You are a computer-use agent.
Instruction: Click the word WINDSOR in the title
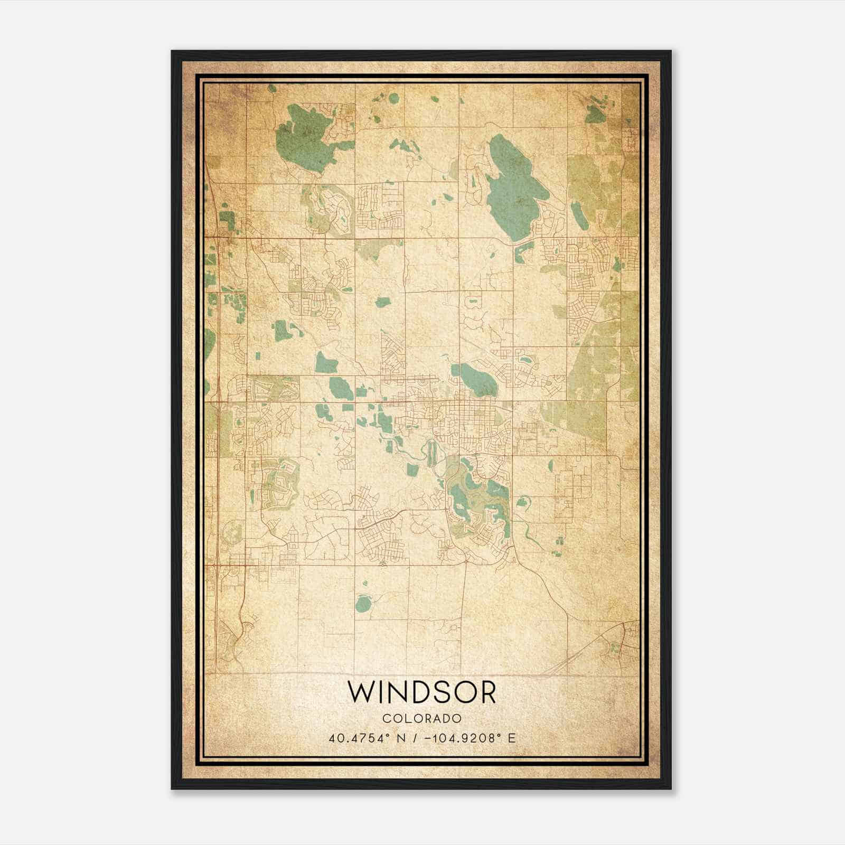[x=422, y=692]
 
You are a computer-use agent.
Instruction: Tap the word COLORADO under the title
[x=422, y=718]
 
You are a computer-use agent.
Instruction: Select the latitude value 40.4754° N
[x=364, y=738]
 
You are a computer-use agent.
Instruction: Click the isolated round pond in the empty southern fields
[x=362, y=603]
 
